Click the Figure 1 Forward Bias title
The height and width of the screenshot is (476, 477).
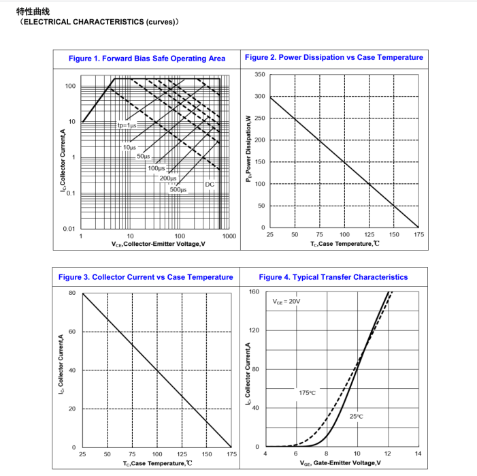(x=146, y=59)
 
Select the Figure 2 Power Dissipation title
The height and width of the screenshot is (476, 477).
(x=333, y=57)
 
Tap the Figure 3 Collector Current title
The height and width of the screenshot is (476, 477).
(x=146, y=277)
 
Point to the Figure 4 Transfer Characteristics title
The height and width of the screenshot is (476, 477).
(x=333, y=277)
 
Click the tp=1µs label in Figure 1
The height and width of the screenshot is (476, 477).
(x=127, y=125)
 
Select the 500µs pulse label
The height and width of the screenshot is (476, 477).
(x=178, y=190)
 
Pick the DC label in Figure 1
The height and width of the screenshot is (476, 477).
(x=210, y=185)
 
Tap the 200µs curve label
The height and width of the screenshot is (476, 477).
(x=168, y=178)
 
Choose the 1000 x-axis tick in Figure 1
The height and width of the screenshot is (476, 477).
(x=229, y=236)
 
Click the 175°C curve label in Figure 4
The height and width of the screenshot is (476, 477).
(x=307, y=393)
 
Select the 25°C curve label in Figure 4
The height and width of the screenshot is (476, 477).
(x=356, y=416)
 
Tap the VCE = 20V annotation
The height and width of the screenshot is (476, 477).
(x=286, y=301)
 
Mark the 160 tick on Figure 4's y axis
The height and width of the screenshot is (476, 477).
(x=254, y=292)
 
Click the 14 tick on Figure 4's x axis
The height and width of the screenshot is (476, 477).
(x=418, y=454)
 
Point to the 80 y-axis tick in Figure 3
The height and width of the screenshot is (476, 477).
(x=72, y=293)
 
